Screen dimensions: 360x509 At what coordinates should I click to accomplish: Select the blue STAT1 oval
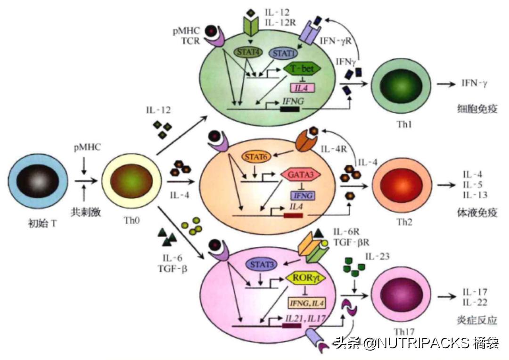pos(282,53)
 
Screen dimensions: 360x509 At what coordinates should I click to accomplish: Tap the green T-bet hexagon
pos(302,69)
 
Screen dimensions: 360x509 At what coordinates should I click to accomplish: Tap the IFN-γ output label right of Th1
pos(474,85)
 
